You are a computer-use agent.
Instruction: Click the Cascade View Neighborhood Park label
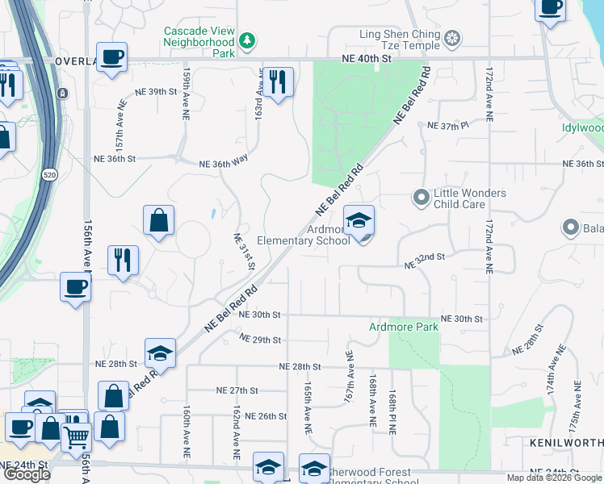click(199, 42)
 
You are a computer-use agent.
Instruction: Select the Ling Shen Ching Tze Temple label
click(401, 35)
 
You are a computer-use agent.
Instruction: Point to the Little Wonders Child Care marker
click(421, 197)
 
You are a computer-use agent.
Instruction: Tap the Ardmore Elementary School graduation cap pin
click(359, 220)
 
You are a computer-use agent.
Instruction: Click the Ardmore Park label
click(404, 327)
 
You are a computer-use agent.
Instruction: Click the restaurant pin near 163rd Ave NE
click(278, 81)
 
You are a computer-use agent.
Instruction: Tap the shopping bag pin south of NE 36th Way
click(159, 220)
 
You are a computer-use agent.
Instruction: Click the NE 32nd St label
click(425, 257)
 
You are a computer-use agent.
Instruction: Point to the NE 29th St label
click(260, 340)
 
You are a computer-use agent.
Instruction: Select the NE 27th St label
click(237, 390)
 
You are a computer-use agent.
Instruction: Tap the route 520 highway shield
click(48, 174)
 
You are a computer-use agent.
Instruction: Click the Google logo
click(27, 474)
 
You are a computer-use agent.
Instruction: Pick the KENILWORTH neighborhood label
click(567, 443)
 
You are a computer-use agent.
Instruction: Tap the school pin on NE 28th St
click(160, 353)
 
